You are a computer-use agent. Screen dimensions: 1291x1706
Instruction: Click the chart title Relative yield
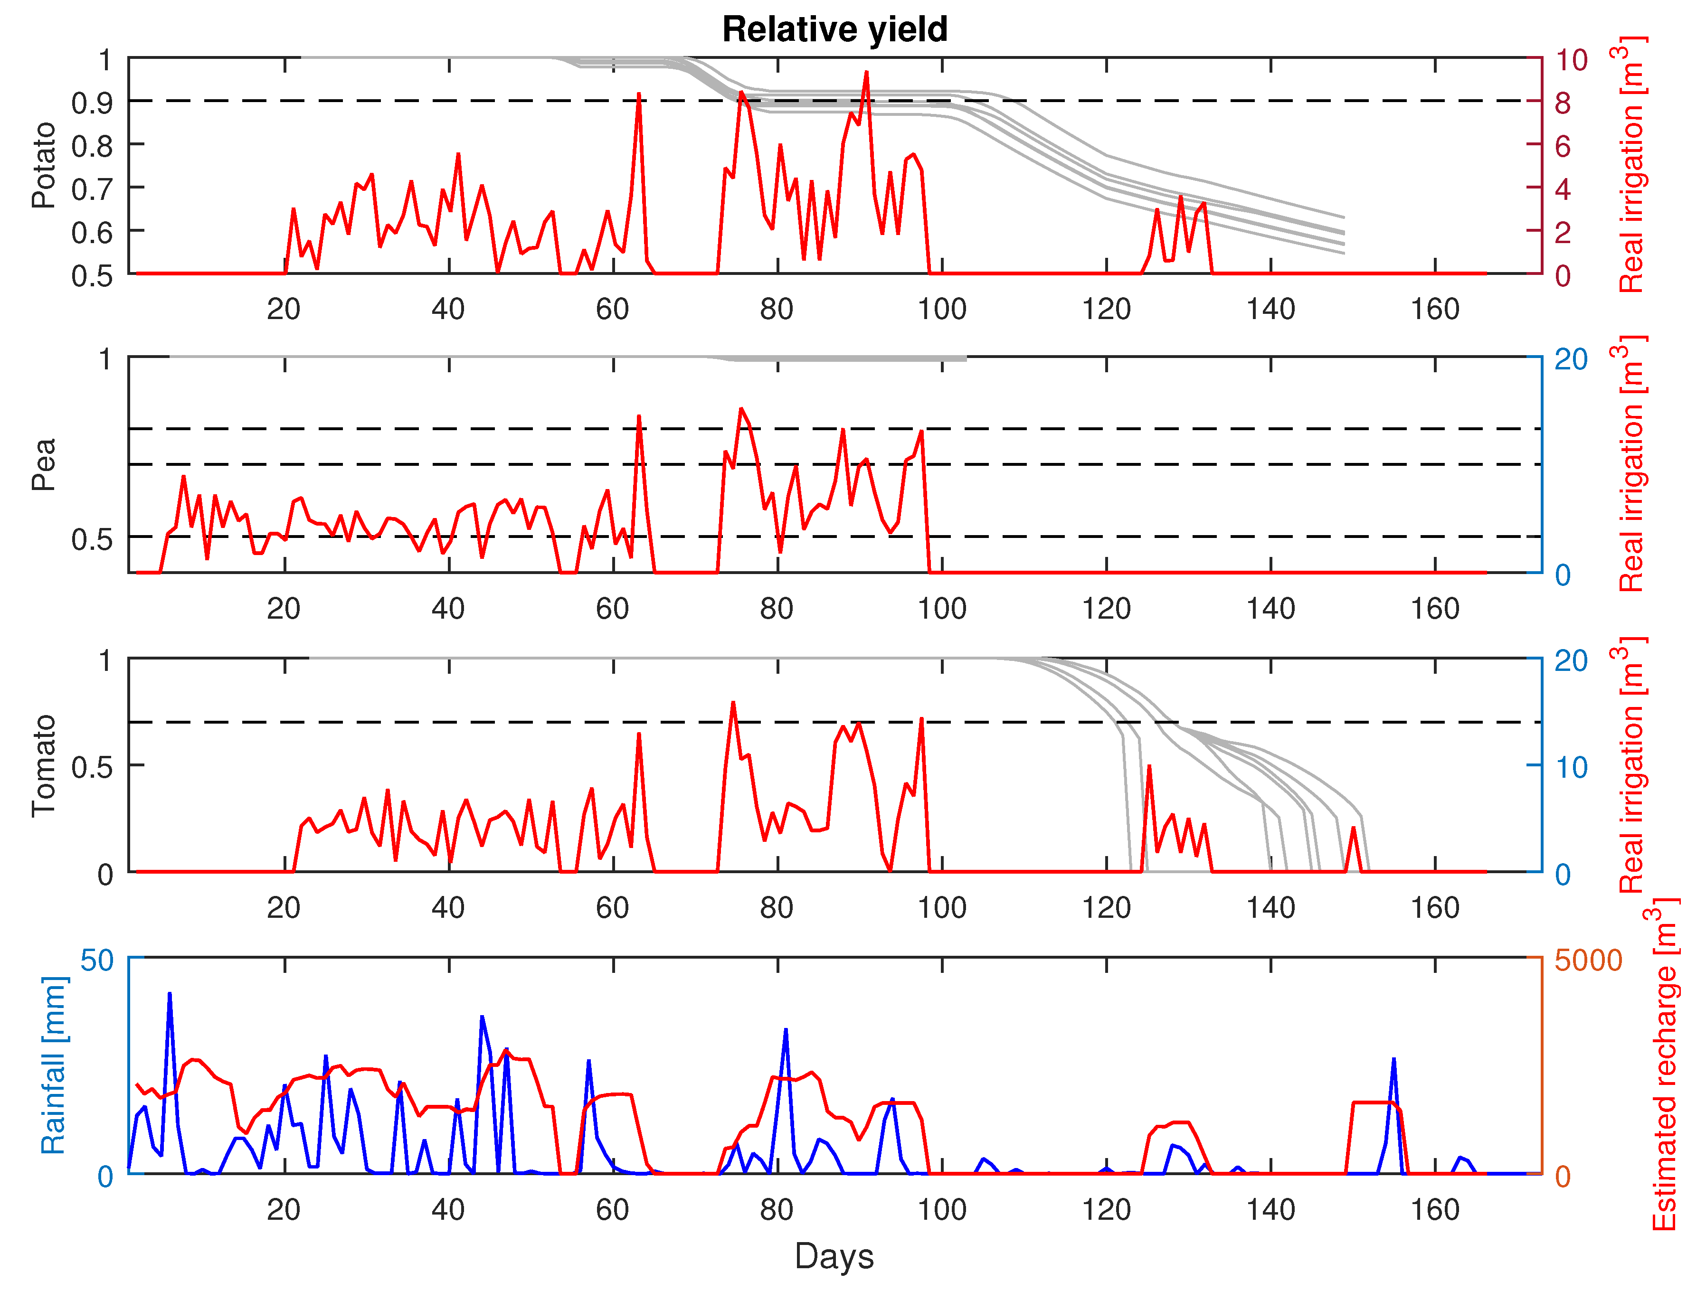[x=834, y=30]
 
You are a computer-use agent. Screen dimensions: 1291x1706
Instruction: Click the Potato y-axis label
[x=44, y=165]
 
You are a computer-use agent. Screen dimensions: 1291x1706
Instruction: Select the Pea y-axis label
[x=44, y=464]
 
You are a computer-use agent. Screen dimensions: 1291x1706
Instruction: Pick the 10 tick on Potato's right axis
[x=1571, y=59]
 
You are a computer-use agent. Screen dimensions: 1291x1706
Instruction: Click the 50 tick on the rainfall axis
[x=97, y=960]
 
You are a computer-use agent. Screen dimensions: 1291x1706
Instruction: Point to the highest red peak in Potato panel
[x=866, y=73]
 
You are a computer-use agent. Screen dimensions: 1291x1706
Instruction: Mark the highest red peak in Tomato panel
[x=733, y=703]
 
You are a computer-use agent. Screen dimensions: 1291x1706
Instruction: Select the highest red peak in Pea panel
[x=741, y=409]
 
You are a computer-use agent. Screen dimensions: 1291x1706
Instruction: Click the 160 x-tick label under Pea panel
[x=1434, y=609]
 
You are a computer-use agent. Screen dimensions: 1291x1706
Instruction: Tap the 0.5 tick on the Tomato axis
[x=93, y=767]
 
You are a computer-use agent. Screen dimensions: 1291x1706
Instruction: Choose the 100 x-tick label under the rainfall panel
[x=942, y=1210]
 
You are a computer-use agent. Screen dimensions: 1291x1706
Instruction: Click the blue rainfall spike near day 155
[x=1393, y=1060]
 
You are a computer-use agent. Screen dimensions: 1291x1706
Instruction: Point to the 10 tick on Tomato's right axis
[x=1571, y=767]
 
